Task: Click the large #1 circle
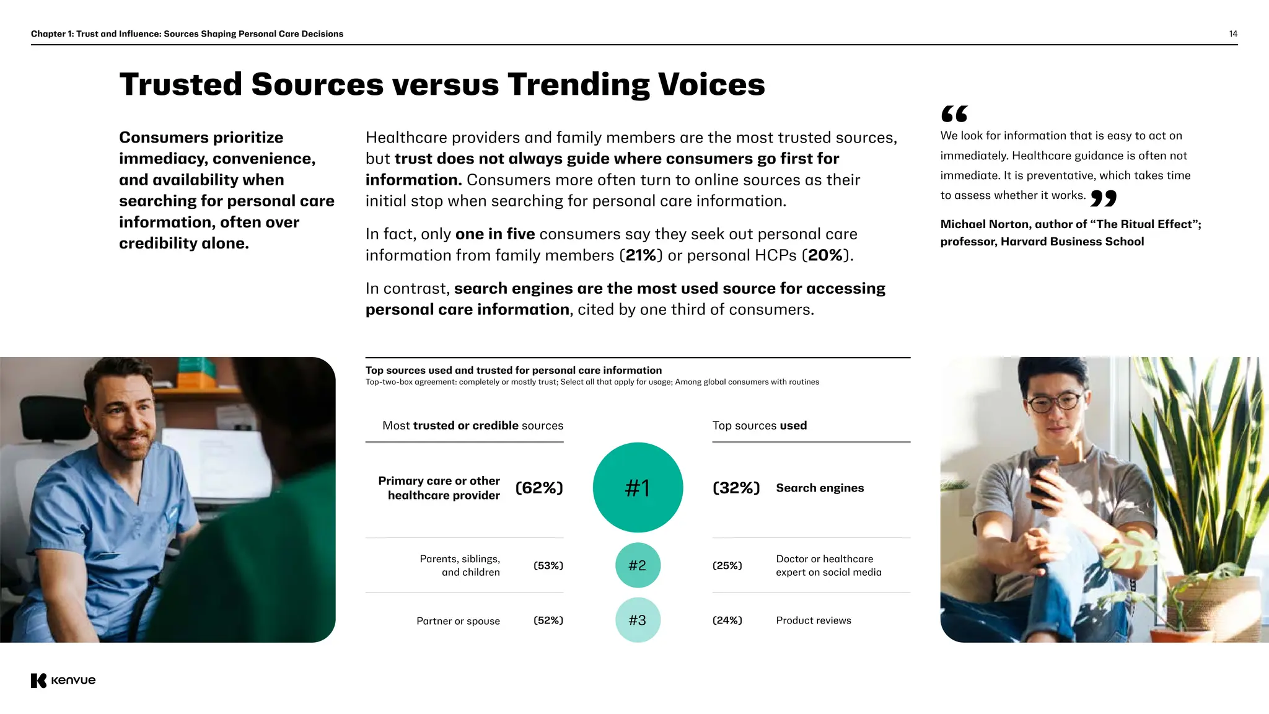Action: coord(638,487)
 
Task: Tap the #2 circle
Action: coord(638,565)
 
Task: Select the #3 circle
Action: coord(638,620)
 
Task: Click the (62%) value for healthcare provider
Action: coord(539,488)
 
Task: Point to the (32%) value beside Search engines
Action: coord(736,488)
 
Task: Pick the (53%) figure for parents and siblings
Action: coord(548,565)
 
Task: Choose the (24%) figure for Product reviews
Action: coord(727,620)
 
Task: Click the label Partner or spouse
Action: coord(458,621)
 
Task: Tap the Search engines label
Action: coord(820,488)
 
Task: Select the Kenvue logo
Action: coord(63,680)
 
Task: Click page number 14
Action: coord(1233,34)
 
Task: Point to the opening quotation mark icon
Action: coord(954,114)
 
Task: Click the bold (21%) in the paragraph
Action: coord(641,255)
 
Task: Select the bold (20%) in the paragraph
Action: coord(825,255)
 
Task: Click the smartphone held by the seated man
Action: coord(1043,480)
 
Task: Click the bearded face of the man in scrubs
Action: coord(128,421)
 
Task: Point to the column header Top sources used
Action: coord(759,426)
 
